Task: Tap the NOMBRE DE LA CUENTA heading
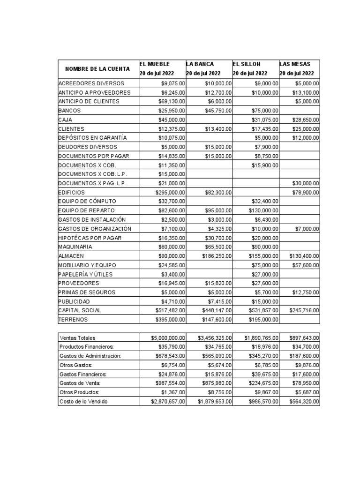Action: coord(97,69)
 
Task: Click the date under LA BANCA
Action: coord(203,74)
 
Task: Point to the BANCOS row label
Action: coord(69,111)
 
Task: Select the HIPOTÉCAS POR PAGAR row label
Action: coord(90,238)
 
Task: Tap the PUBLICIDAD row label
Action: coord(74,301)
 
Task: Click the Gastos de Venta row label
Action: coord(79,383)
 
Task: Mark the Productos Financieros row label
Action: coord(87,347)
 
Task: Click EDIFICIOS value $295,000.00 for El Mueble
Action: coord(170,192)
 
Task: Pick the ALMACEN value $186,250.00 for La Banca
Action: coord(217,256)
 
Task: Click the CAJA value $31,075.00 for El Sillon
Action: coord(263,120)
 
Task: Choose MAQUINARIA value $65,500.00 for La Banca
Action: coord(218,247)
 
